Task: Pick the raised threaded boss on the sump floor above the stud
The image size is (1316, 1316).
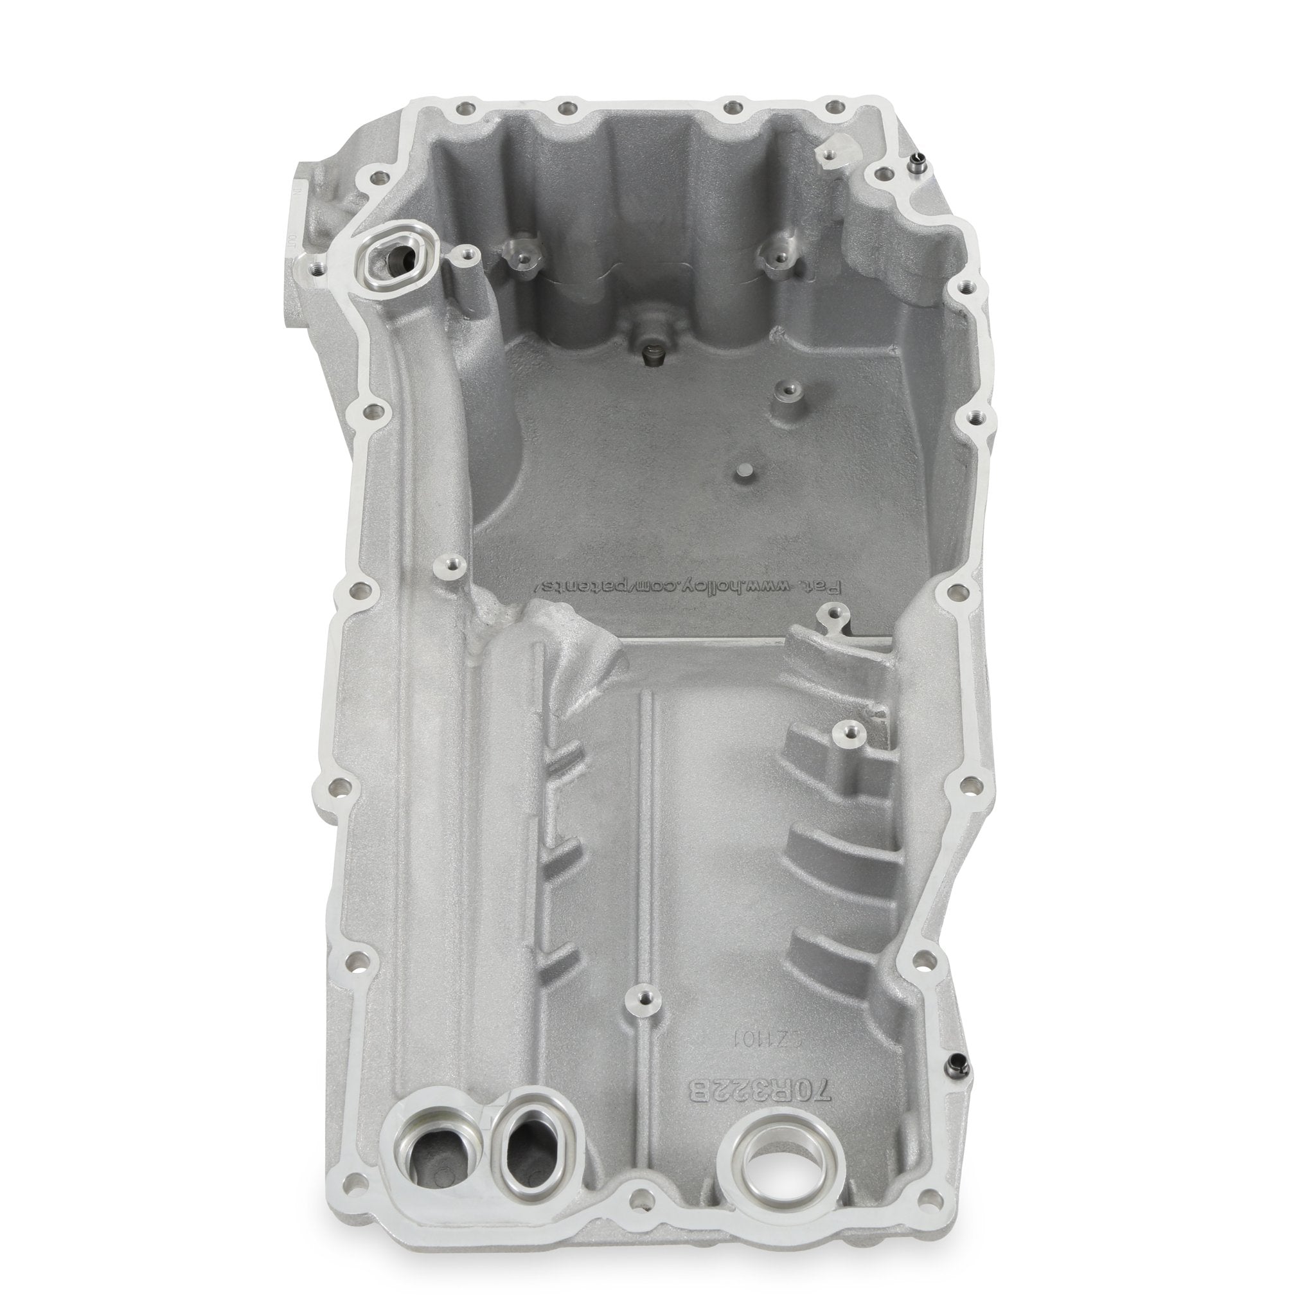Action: (788, 390)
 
